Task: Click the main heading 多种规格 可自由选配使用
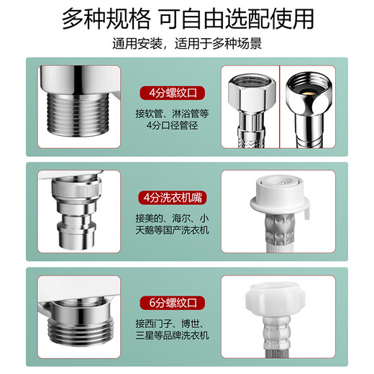click(188, 19)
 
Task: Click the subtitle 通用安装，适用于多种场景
click(187, 44)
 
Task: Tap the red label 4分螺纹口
click(173, 93)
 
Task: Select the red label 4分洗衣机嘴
click(173, 198)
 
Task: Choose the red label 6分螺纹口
click(173, 303)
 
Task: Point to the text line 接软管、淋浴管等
click(172, 114)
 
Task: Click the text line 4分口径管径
click(172, 125)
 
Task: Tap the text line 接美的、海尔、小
click(172, 219)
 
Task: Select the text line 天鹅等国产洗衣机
click(172, 230)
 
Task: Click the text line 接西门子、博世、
click(170, 324)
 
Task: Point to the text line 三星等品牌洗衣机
click(172, 335)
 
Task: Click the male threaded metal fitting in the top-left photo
click(78, 114)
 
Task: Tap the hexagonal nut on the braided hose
click(252, 93)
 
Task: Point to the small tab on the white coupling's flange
click(307, 214)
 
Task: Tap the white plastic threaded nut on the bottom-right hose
click(275, 300)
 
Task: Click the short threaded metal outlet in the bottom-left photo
click(81, 321)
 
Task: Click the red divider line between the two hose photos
click(280, 106)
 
